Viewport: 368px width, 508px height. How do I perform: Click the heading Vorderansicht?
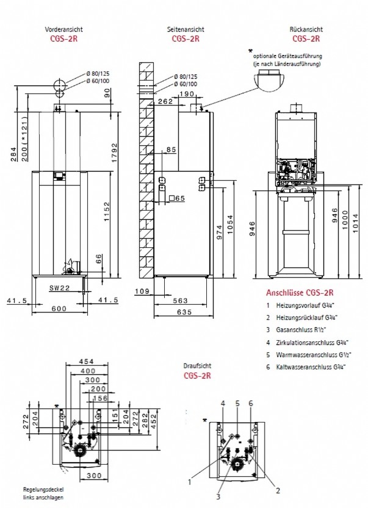pos(64,29)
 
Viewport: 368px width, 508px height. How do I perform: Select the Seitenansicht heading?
pos(186,29)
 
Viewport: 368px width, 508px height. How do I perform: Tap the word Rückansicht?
pos(306,29)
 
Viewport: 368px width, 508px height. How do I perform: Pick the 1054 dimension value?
pos(229,223)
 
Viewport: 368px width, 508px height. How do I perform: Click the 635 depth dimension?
pos(183,312)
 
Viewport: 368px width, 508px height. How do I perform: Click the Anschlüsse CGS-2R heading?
pos(300,292)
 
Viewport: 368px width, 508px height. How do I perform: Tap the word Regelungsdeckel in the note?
pos(43,490)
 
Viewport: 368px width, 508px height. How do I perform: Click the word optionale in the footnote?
pos(267,56)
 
